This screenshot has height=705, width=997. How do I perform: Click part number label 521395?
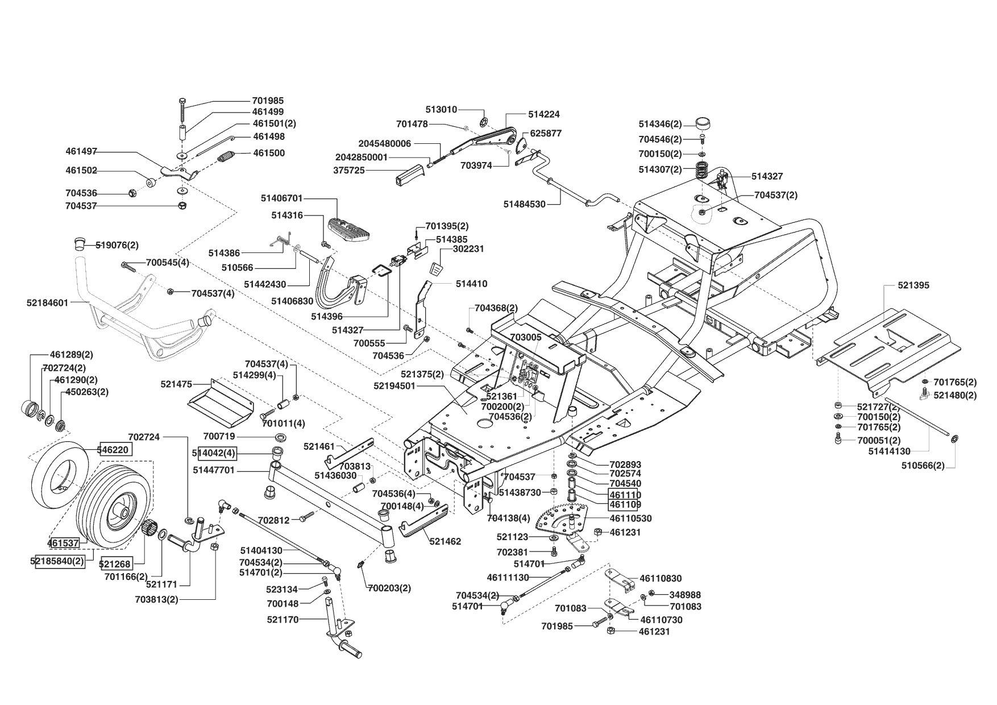click(913, 285)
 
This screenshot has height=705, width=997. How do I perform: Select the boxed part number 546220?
click(117, 449)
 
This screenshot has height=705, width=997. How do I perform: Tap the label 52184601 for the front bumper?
click(47, 303)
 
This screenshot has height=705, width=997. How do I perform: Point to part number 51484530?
click(524, 204)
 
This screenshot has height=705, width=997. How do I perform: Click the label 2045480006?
click(384, 144)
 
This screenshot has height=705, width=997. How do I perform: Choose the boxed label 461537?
click(63, 543)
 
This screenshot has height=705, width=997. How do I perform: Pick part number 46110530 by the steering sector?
click(630, 519)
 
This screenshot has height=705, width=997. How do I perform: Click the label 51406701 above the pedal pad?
click(282, 198)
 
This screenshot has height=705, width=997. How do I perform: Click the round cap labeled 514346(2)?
click(703, 123)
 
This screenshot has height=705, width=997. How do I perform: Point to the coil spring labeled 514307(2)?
click(703, 169)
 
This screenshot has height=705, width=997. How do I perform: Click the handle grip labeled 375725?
click(408, 174)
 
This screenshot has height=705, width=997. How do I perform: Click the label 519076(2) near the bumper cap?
click(117, 245)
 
